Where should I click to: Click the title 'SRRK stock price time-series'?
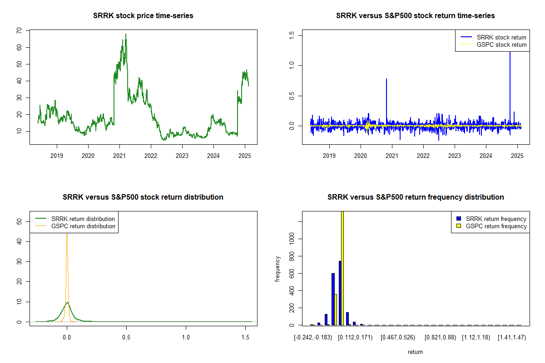143,16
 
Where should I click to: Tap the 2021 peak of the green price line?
126,34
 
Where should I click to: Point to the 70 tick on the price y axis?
19,30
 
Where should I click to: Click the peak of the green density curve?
67,302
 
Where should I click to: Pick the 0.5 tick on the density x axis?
126,338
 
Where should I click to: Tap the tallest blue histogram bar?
340,293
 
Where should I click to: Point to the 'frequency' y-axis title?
277,269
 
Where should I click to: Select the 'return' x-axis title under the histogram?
415,352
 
